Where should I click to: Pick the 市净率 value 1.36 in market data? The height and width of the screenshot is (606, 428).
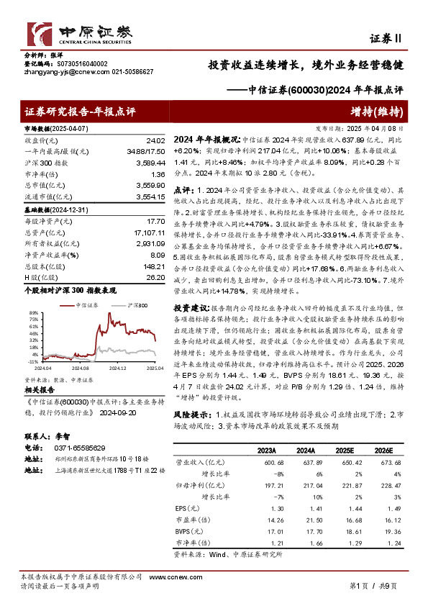click(x=158, y=173)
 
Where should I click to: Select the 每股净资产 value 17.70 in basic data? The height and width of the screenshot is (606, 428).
click(x=156, y=222)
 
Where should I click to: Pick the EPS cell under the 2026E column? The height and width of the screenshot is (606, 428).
click(x=383, y=507)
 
